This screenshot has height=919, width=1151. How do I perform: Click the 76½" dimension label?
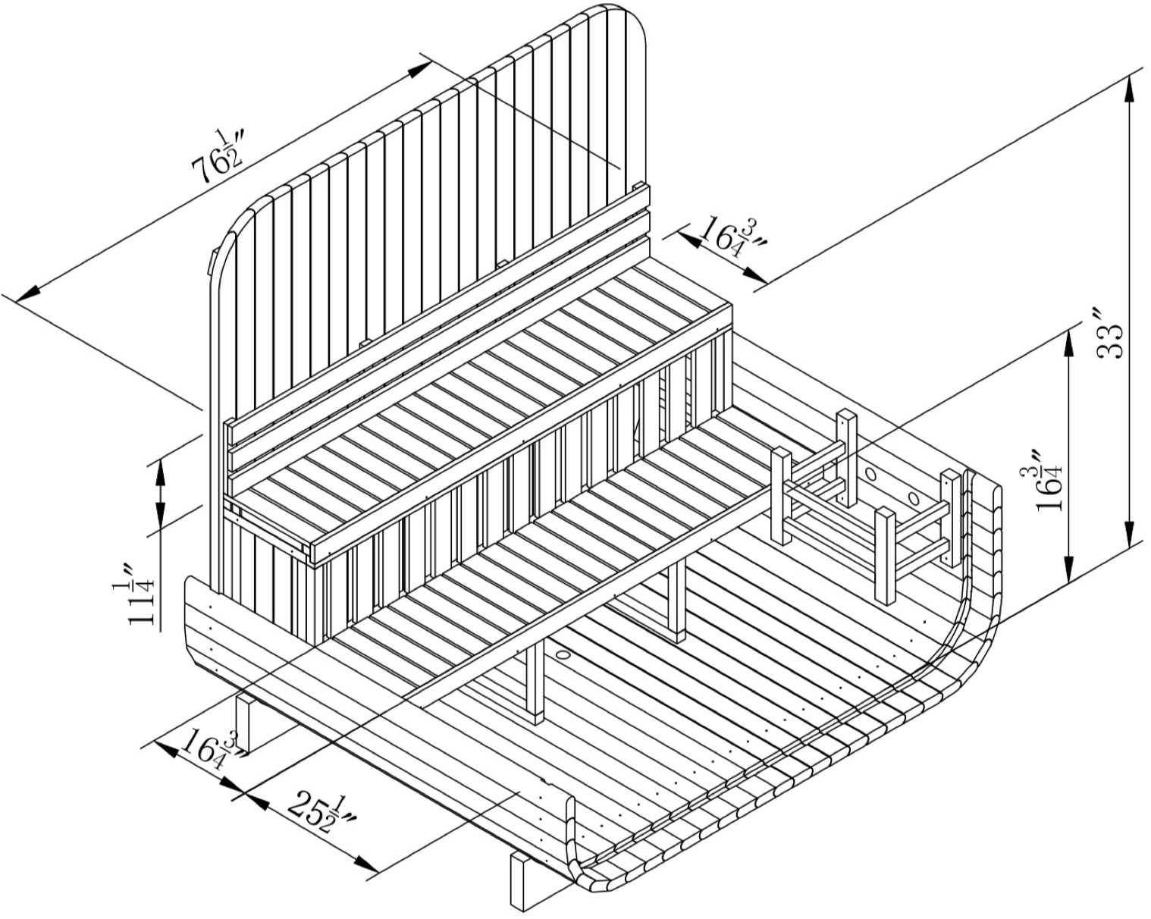[218, 156]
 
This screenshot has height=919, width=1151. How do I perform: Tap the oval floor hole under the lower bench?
[563, 654]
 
